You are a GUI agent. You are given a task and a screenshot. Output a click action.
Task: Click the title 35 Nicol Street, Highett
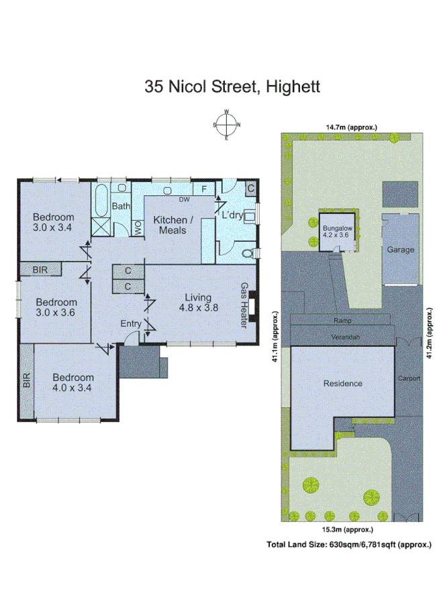[x=232, y=87]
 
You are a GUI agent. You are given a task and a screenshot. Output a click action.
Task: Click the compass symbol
[x=227, y=125]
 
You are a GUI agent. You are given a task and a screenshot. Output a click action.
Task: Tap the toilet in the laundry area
[x=250, y=253]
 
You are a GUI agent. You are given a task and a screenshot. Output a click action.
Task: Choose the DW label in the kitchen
[x=183, y=199]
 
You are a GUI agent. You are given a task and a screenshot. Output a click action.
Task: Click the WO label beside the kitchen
[x=138, y=227]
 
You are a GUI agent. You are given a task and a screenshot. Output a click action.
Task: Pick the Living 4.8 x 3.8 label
[x=199, y=303]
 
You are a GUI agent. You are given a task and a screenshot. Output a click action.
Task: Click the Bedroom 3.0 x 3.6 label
[x=56, y=307]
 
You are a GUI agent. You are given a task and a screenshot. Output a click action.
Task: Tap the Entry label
[x=131, y=324]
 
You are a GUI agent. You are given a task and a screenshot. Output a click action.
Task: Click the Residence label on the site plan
[x=342, y=383]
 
